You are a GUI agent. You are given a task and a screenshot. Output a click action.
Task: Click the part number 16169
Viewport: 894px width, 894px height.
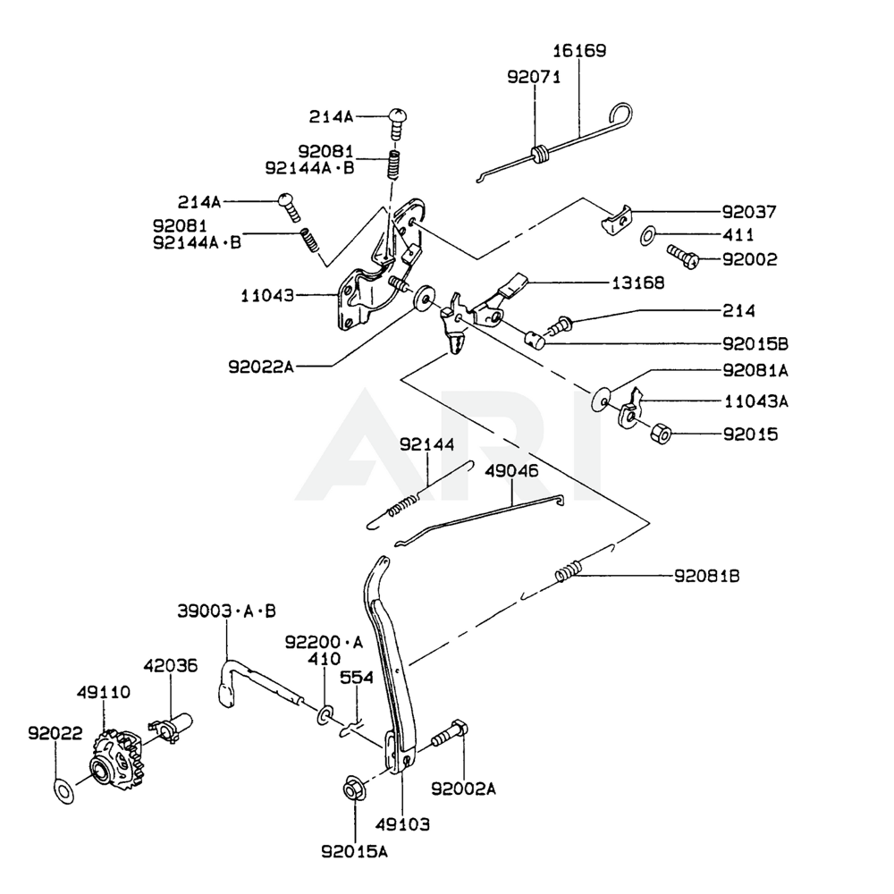click(x=579, y=51)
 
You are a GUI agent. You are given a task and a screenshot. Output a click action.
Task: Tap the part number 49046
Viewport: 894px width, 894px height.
click(x=512, y=470)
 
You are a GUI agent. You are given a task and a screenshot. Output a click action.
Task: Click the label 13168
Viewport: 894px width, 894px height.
click(x=638, y=283)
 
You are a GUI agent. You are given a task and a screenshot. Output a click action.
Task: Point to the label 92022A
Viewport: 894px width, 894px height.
click(x=260, y=366)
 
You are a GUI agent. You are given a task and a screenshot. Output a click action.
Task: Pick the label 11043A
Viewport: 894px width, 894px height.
click(x=756, y=402)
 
